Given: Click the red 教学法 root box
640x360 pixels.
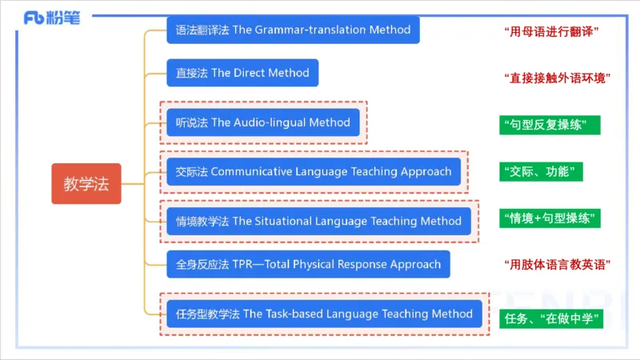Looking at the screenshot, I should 86,184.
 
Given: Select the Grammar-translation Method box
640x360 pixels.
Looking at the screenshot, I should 293,30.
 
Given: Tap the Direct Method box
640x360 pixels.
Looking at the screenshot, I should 242,73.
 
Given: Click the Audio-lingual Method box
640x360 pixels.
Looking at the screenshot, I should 263,122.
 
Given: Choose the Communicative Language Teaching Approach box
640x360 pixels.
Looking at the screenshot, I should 314,171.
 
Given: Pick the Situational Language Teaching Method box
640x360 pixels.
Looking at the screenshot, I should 318,221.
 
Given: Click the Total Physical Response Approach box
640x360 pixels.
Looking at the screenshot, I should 308,264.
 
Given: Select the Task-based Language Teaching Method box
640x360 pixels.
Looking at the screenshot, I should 325,314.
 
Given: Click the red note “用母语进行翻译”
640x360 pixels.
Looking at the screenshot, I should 553,31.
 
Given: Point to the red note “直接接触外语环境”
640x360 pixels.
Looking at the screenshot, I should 558,78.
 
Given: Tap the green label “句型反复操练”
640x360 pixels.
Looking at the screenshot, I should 549,126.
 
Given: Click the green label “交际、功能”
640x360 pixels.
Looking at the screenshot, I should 541,172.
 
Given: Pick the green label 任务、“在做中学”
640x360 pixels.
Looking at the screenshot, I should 551,318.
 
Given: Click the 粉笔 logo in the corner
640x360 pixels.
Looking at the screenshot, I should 52,18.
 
